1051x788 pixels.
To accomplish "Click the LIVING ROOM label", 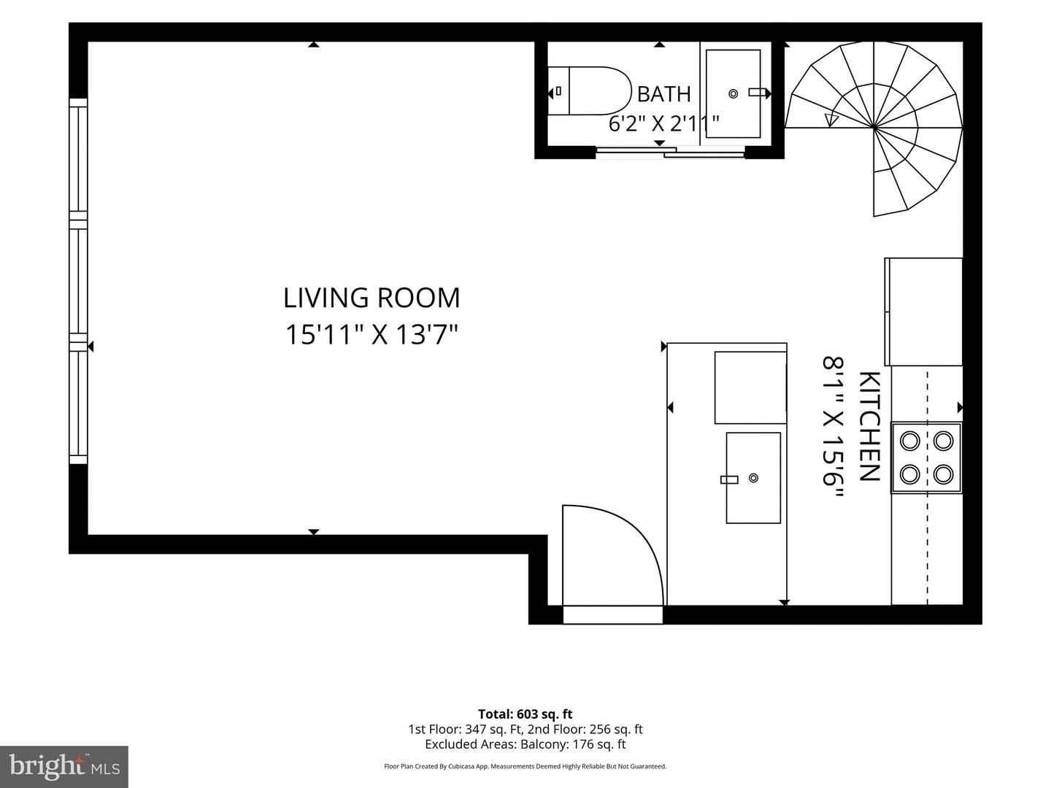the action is click(x=371, y=298).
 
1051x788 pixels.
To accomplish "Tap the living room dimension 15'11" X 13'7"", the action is click(x=371, y=333).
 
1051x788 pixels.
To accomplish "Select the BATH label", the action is click(x=663, y=94).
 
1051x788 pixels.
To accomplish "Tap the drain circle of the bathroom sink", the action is click(x=733, y=94).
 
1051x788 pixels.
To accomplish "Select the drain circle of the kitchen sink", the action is click(x=753, y=477).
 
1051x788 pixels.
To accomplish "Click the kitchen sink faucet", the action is click(x=729, y=479).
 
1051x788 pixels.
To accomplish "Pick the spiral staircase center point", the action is click(x=874, y=128).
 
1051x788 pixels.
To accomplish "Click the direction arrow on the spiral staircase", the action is click(x=832, y=120).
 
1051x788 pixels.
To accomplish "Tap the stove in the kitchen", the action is click(x=926, y=457).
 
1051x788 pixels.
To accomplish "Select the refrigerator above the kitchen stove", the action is click(x=923, y=312).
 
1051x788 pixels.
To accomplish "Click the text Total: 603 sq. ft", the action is click(x=525, y=714).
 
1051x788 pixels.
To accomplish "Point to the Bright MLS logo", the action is click(x=64, y=767).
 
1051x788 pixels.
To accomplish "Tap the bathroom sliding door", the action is click(x=670, y=152).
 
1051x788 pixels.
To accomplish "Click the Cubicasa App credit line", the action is click(x=525, y=766).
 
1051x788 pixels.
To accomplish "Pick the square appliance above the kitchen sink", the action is click(x=750, y=387).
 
